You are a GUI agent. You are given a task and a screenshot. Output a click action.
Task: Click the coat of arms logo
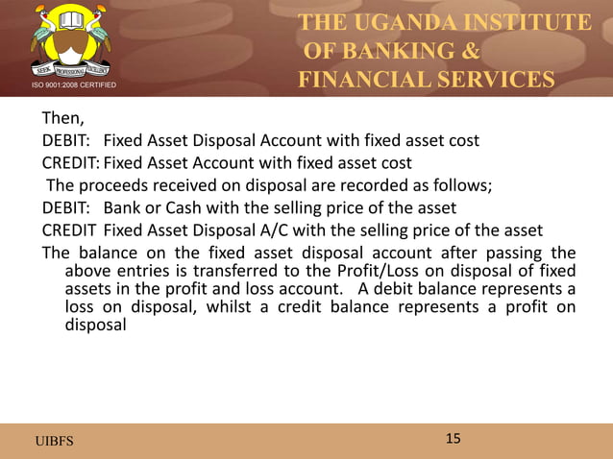[68, 43]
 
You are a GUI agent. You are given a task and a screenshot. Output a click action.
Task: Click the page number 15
[453, 439]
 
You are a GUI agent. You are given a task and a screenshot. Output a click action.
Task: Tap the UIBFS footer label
[54, 441]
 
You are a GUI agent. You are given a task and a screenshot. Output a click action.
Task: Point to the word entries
[140, 273]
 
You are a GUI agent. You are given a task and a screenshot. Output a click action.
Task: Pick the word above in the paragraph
[86, 273]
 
